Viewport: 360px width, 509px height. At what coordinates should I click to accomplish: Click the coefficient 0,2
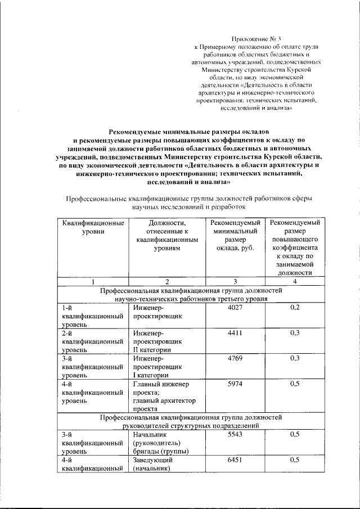(295, 308)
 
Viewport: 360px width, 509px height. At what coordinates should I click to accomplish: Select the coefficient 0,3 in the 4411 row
(295, 334)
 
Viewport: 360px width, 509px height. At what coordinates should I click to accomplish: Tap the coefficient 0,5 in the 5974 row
(295, 384)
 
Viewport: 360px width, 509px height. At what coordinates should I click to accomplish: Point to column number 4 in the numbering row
(295, 281)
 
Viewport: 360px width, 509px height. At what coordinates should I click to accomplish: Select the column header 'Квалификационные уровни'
(93, 228)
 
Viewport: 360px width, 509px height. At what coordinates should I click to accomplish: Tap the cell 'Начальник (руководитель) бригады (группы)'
(161, 443)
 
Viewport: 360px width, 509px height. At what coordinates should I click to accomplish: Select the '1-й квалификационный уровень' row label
(93, 316)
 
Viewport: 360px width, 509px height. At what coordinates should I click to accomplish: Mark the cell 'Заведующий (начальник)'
(151, 464)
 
